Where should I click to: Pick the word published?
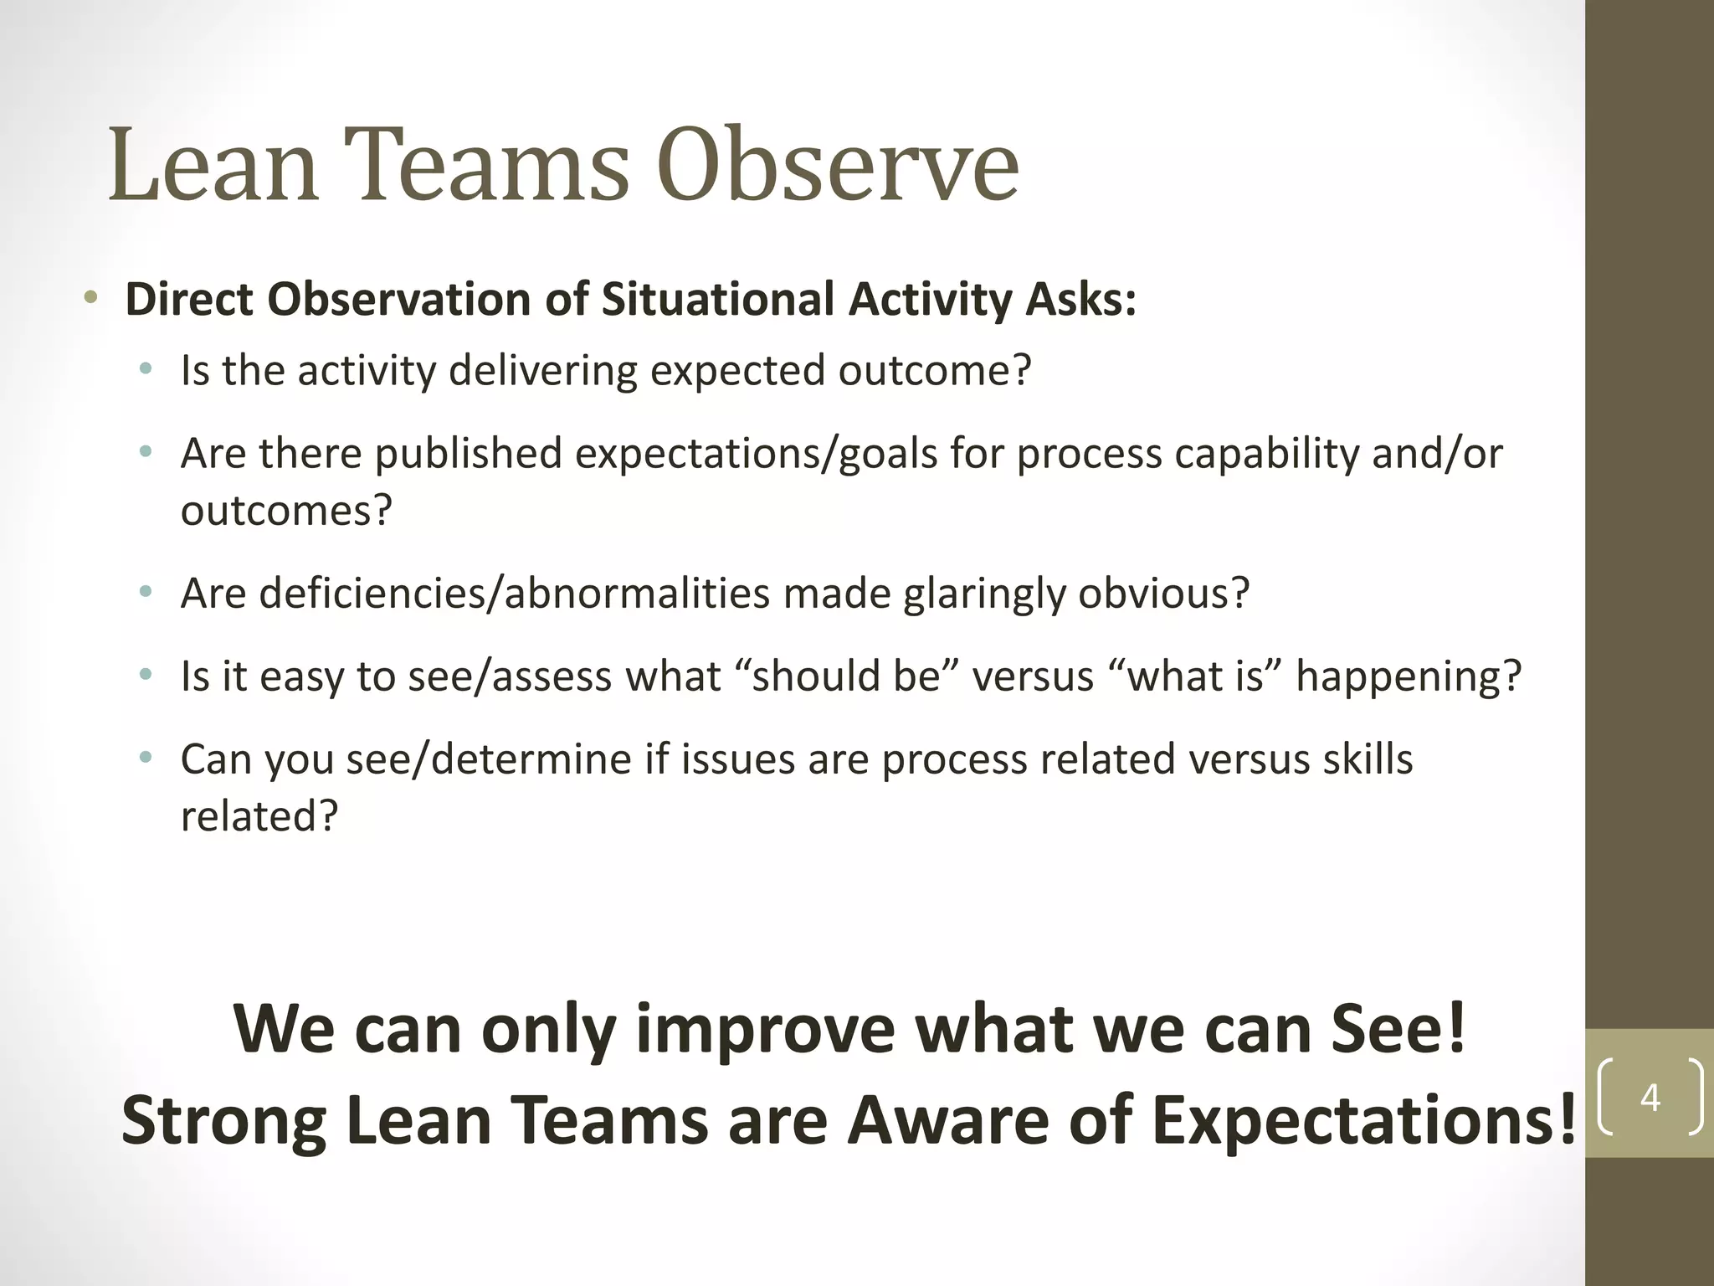point(468,454)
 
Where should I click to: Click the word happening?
point(1409,676)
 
